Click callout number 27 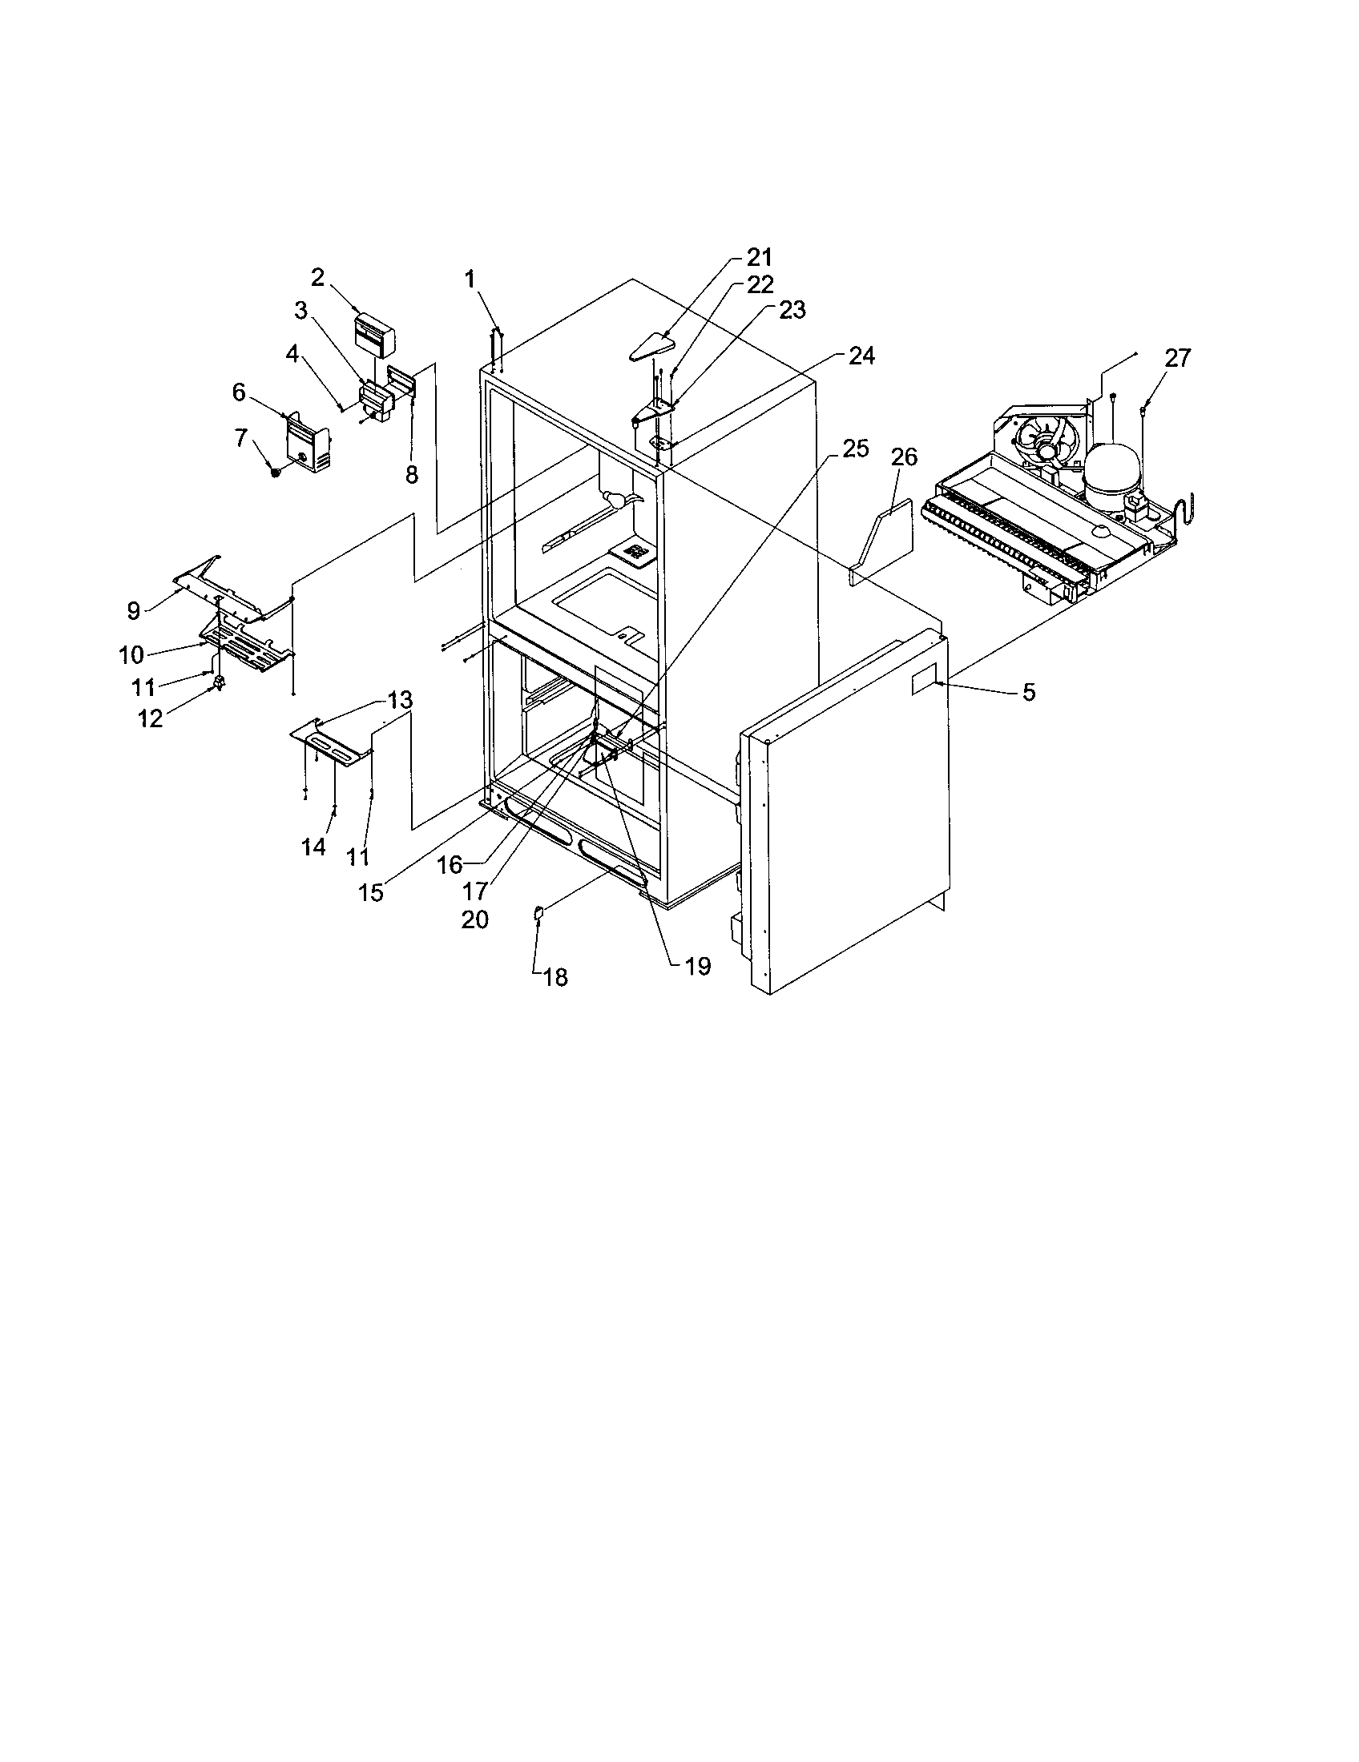[1177, 358]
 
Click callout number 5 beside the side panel [1029, 692]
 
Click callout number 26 [905, 457]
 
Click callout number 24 [862, 356]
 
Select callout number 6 [239, 393]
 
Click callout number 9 [134, 611]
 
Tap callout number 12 [150, 718]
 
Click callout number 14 [313, 847]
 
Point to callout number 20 [474, 919]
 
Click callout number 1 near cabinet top [470, 280]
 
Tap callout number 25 [856, 449]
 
